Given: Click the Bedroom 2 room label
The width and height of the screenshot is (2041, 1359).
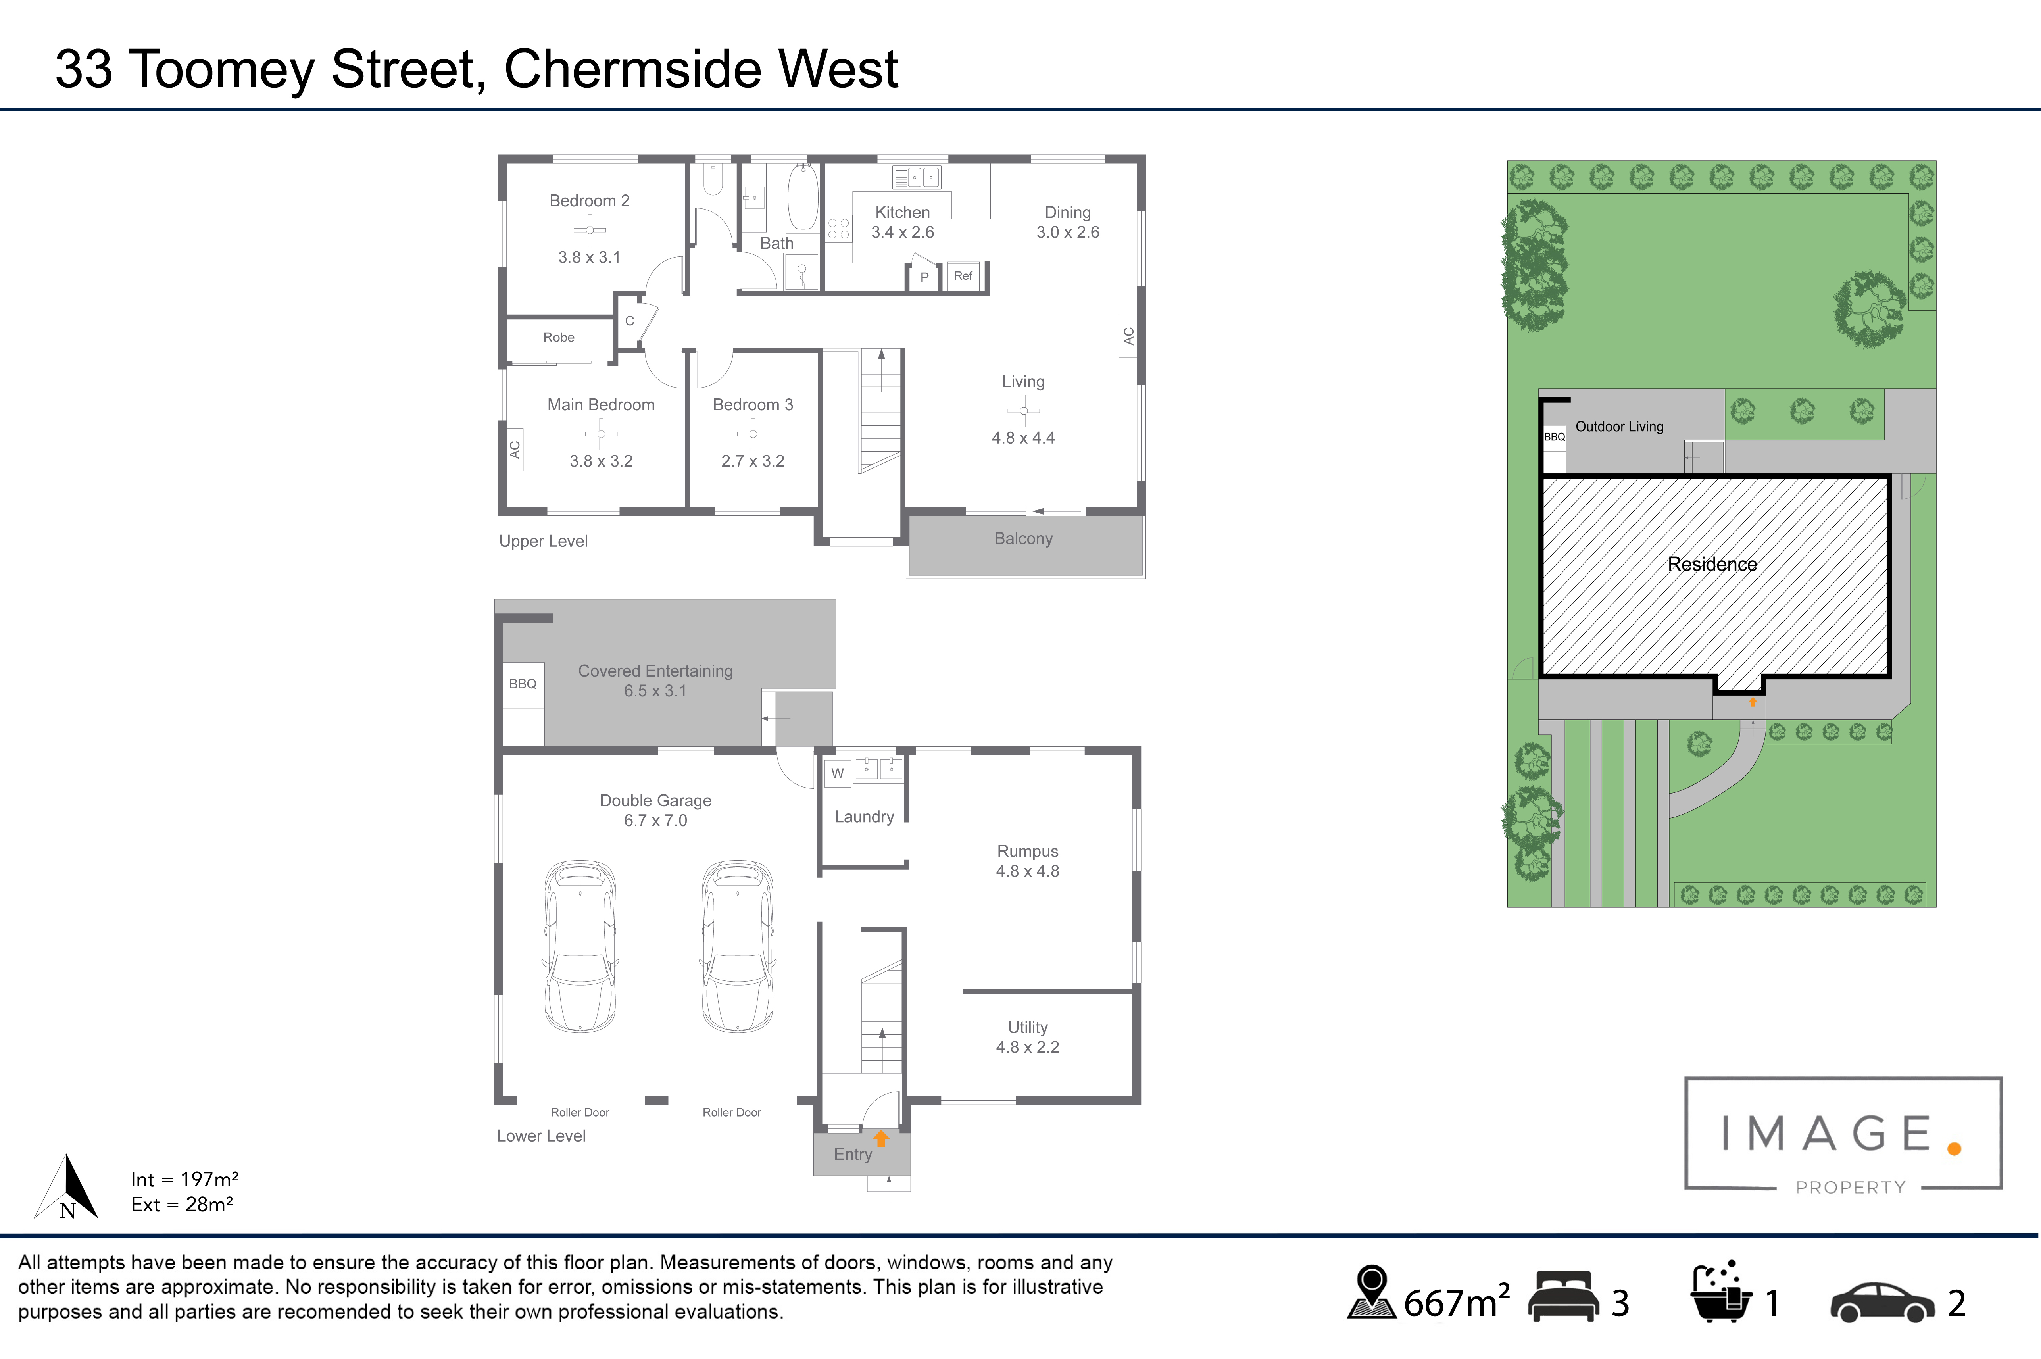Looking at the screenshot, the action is click(589, 201).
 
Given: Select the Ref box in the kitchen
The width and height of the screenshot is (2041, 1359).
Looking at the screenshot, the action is click(963, 276).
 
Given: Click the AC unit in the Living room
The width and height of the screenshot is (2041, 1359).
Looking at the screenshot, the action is click(1128, 336).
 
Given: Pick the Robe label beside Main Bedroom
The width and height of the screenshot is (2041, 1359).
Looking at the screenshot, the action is click(559, 337).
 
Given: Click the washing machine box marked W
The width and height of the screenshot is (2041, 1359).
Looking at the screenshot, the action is click(837, 773).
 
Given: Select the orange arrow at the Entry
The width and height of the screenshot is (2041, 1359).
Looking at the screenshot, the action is click(881, 1138).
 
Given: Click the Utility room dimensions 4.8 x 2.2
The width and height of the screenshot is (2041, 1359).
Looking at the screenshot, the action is click(1028, 1047).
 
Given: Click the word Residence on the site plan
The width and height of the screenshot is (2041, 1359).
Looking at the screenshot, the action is click(1712, 564).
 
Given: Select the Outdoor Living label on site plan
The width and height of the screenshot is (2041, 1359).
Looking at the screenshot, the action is click(1619, 427).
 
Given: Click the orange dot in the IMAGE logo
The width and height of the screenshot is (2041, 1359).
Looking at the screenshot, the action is click(1955, 1148).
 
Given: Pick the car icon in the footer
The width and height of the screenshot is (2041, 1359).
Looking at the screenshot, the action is click(1882, 1303).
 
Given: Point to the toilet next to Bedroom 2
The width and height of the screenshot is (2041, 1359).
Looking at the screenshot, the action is click(712, 178).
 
